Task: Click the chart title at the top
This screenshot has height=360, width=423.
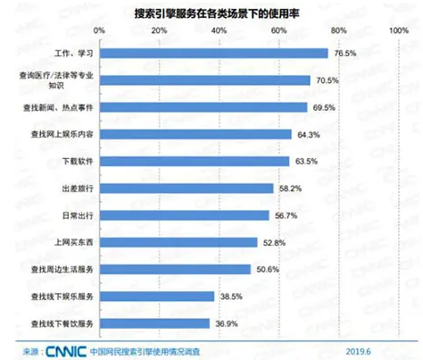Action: point(211,12)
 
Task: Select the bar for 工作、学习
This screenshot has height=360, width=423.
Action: point(213,53)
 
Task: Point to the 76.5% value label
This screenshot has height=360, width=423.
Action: point(344,53)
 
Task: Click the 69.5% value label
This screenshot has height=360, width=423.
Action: point(324,106)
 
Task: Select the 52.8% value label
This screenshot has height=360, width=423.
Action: point(274,241)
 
